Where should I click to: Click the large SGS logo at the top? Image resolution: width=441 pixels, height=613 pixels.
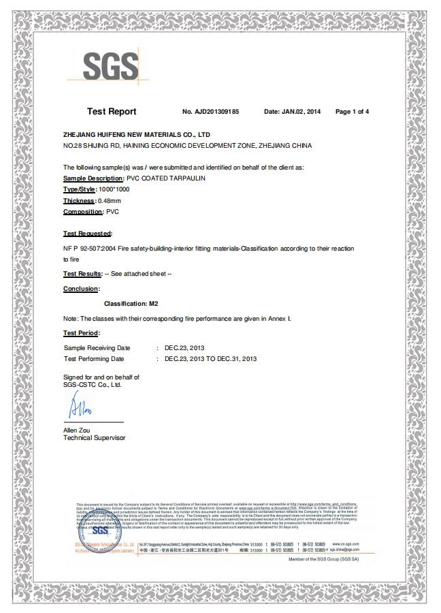pos(110,65)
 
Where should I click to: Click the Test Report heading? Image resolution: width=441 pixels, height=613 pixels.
pos(112,112)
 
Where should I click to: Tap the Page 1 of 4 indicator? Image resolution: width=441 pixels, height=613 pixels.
pos(352,112)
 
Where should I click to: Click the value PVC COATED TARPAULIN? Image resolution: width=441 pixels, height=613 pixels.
pos(166,177)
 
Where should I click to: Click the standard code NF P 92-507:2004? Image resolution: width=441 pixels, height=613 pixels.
pos(90,249)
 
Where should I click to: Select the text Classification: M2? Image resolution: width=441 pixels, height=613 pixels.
pos(131,303)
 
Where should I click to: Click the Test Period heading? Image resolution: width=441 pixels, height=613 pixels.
pos(82,332)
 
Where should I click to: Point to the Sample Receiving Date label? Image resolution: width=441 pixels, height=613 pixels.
pos(97,348)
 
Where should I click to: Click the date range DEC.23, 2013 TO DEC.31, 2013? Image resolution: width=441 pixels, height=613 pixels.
pos(211,358)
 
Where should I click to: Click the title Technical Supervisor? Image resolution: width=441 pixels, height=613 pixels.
pos(94,437)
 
